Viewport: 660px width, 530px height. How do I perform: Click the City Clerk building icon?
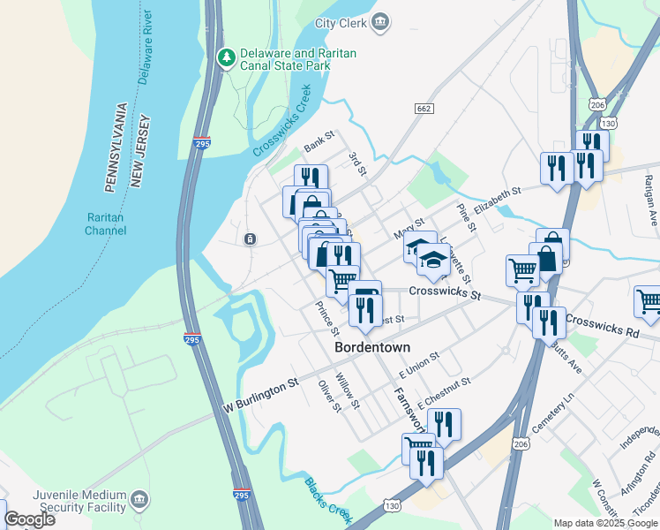pos(380,21)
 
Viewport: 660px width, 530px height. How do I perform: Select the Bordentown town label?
pos(372,348)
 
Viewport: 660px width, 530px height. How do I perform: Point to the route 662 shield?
pos(424,108)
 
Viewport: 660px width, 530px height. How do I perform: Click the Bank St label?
pos(319,141)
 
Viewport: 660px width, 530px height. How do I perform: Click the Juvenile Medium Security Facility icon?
pos(139,501)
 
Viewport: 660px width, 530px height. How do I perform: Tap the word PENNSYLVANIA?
pos(115,148)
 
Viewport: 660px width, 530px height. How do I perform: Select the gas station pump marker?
pos(364,294)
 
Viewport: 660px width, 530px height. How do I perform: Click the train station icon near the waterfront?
pos(251,239)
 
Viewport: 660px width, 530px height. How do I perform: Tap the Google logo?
pos(29,519)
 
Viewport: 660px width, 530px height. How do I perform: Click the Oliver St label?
pos(328,396)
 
